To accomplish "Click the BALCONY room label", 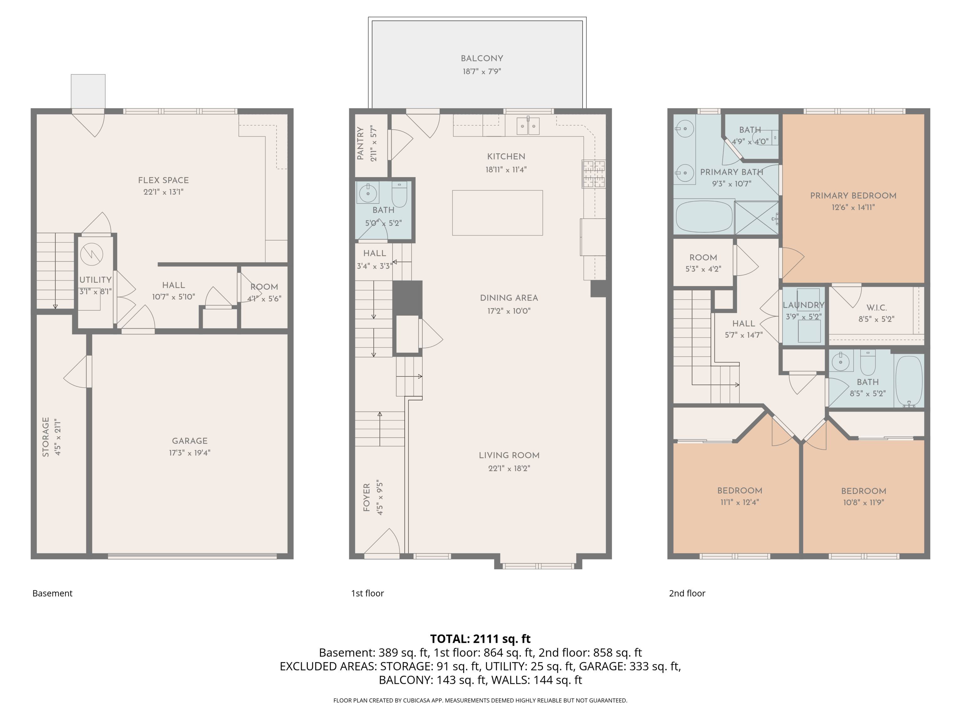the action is click(x=482, y=58).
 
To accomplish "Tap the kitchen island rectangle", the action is click(x=497, y=213).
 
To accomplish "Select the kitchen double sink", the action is click(x=528, y=126).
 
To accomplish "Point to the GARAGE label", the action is click(x=190, y=441).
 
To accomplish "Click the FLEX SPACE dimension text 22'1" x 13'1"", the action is click(x=163, y=192).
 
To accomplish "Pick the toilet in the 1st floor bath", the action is click(x=399, y=194).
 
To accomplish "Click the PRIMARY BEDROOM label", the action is click(x=853, y=196).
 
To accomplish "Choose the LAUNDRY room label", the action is click(x=803, y=305).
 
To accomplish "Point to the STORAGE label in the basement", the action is click(x=46, y=437).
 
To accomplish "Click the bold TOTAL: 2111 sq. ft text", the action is click(x=480, y=639).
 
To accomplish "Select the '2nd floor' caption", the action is click(x=687, y=593).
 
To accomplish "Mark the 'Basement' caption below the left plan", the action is click(x=52, y=593).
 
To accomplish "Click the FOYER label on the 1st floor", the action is click(x=367, y=497).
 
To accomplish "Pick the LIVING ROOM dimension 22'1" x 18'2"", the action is click(x=509, y=468).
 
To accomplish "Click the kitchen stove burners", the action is click(x=594, y=174).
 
